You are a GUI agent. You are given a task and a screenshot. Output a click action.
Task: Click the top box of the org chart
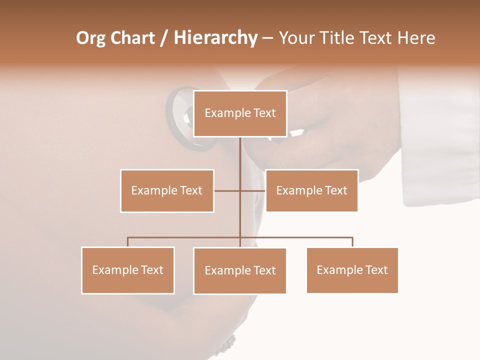(x=240, y=113)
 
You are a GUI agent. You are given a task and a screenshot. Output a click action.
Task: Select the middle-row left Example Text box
(x=167, y=190)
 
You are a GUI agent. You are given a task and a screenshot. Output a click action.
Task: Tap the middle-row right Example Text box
(x=311, y=190)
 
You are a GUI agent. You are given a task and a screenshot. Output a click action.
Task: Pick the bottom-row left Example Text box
(x=128, y=270)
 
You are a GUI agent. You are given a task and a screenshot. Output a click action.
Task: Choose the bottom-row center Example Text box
(x=240, y=270)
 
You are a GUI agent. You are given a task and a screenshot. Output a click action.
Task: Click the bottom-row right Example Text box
(x=352, y=270)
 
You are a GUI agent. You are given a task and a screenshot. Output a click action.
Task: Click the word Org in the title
(x=90, y=38)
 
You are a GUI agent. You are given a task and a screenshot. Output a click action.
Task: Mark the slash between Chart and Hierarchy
(x=164, y=38)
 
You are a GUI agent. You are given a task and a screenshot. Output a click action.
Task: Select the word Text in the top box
(x=264, y=113)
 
